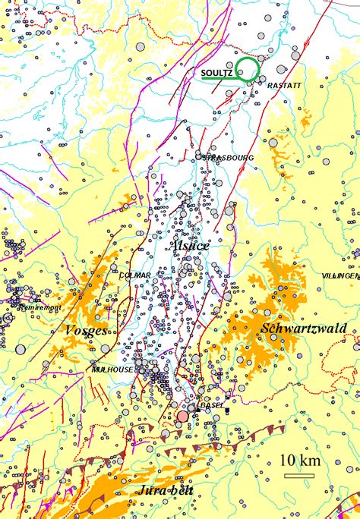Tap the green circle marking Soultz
[247, 68]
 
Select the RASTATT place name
[286, 86]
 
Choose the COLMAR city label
[135, 275]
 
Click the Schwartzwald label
[303, 328]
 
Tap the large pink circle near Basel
[183, 416]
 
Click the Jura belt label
[165, 491]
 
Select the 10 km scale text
[300, 461]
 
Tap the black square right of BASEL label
[227, 410]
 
